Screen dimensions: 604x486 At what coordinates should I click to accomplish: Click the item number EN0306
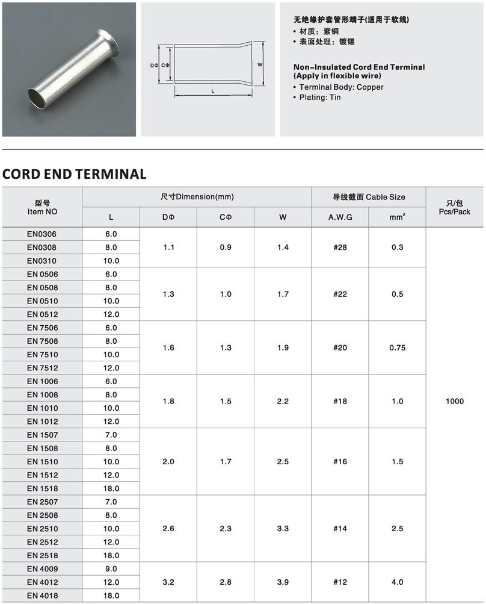point(42,234)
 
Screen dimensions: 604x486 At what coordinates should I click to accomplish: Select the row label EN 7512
point(42,368)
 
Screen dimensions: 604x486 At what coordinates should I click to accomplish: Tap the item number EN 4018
point(42,596)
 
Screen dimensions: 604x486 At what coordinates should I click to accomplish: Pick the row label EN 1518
point(42,488)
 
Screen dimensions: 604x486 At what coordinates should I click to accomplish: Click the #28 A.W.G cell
point(340,248)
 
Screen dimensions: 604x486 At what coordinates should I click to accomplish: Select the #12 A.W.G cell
point(340,582)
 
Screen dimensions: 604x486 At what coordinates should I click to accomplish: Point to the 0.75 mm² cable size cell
point(397,347)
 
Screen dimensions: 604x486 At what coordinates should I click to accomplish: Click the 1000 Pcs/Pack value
point(455,401)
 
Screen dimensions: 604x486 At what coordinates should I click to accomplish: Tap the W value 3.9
point(283,582)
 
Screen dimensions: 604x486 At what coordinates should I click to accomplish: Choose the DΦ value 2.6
point(168,529)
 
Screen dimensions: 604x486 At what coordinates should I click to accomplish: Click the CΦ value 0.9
point(226,248)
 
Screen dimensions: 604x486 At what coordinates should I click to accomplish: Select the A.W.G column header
point(340,217)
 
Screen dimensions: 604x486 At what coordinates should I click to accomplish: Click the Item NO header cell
point(42,207)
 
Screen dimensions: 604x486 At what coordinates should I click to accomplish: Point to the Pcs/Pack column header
point(455,207)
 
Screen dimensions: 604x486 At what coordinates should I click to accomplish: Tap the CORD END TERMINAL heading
point(75,175)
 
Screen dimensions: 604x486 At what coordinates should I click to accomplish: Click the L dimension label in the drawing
point(214,91)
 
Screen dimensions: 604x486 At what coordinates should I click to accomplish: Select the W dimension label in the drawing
point(260,64)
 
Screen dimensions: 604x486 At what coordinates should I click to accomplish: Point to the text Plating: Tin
point(320,97)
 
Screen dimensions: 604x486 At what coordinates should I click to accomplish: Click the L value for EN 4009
point(111,569)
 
